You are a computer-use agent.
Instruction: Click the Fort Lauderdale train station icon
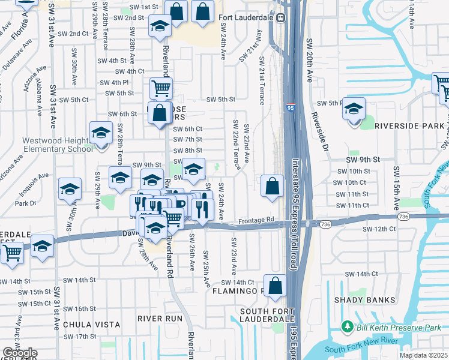(280, 17)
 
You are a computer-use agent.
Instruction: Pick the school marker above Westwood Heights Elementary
(101, 133)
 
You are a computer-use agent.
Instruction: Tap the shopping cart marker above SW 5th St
(161, 89)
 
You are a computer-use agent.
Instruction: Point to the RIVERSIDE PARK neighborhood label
(410, 126)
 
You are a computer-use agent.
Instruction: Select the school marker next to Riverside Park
(354, 109)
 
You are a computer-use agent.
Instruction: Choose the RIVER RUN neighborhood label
(159, 317)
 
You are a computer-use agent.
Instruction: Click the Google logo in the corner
(20, 353)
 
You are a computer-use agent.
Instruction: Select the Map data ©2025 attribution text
(423, 355)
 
